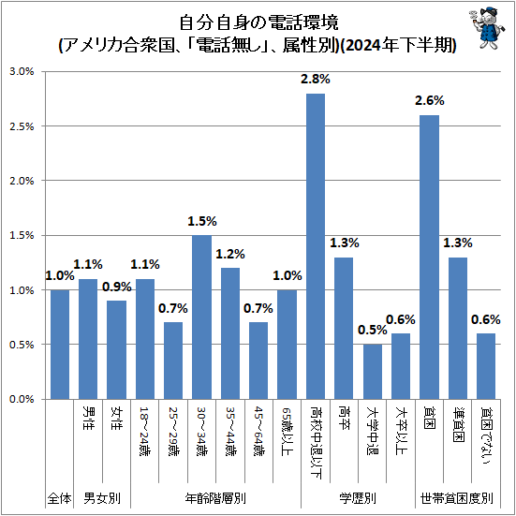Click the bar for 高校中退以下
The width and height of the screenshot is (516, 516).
(x=316, y=246)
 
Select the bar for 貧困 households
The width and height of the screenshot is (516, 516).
(x=430, y=257)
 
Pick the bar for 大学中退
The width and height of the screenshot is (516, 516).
(x=373, y=371)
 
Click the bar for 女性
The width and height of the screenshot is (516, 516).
(x=116, y=349)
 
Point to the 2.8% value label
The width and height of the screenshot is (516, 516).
(x=316, y=80)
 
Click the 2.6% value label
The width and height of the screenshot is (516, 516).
(x=430, y=101)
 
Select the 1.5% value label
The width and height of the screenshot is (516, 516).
(x=201, y=221)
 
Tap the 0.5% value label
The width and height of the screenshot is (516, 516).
(x=372, y=330)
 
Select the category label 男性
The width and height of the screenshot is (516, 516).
(x=88, y=419)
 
